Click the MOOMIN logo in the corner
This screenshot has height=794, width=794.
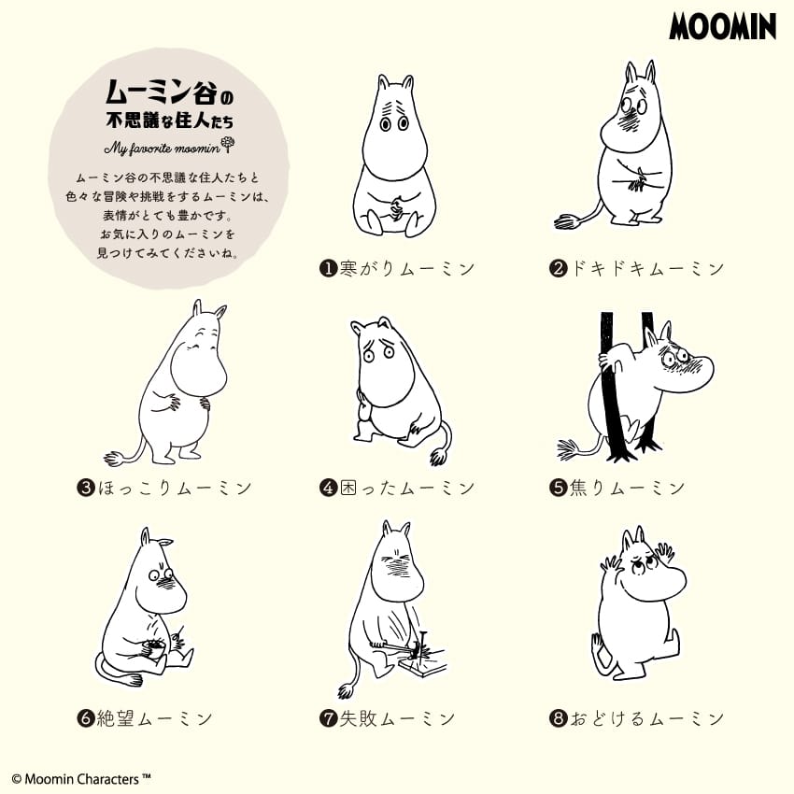coord(722,27)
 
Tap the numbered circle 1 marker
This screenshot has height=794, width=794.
coord(328,268)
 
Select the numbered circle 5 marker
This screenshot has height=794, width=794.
coord(558,488)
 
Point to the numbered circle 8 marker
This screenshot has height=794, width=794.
coord(558,718)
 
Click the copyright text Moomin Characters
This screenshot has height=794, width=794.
coord(81,779)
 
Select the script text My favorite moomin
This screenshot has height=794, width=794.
coord(162,148)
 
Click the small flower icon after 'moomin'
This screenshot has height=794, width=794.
coord(228,145)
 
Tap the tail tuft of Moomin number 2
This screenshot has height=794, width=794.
coord(567,221)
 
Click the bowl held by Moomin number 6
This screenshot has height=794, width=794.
coord(153,647)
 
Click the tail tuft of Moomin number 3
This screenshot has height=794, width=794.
coord(117,458)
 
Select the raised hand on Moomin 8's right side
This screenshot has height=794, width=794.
coord(665,551)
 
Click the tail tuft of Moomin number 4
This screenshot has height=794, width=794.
coord(438,457)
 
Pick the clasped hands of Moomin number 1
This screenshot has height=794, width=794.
coord(395,207)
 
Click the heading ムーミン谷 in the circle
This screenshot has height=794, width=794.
coord(161,92)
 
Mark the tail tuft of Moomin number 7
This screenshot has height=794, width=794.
coord(347,690)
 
